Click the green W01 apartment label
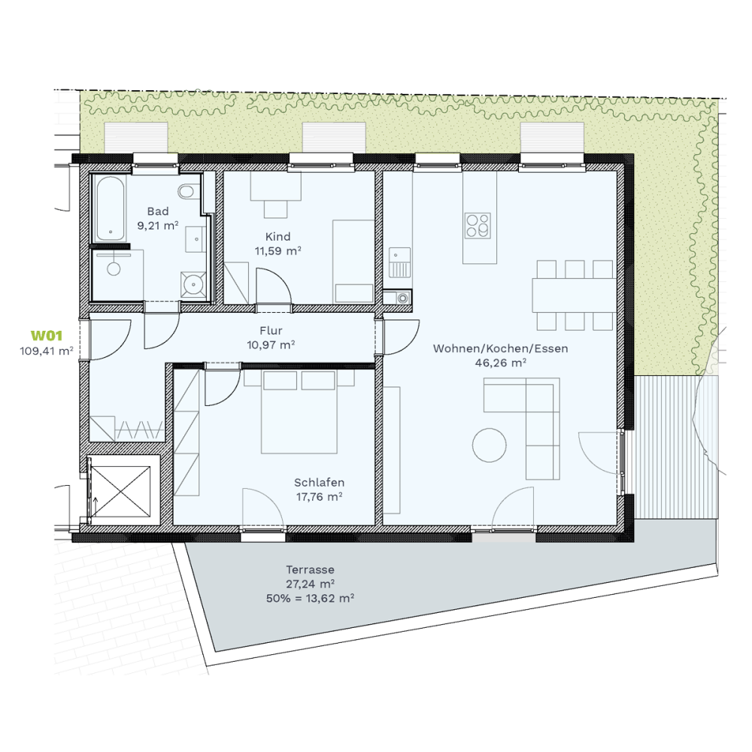pyautogui.click(x=47, y=335)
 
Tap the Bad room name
pyautogui.click(x=158, y=211)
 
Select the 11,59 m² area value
pyautogui.click(x=277, y=250)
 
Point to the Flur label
pyautogui.click(x=271, y=330)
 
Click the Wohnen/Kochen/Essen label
pyautogui.click(x=500, y=348)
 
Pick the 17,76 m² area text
pyautogui.click(x=319, y=496)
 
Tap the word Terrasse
pyautogui.click(x=310, y=570)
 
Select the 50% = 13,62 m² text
pyautogui.click(x=310, y=598)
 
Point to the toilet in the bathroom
pyautogui.click(x=186, y=192)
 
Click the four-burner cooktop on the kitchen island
pyautogui.click(x=478, y=226)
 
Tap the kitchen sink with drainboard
pyautogui.click(x=399, y=262)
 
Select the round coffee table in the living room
pyautogui.click(x=490, y=445)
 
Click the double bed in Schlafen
pyautogui.click(x=299, y=412)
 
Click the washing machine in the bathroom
pyautogui.click(x=193, y=285)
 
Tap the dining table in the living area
pyautogui.click(x=574, y=295)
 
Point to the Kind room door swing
pyautogui.click(x=274, y=286)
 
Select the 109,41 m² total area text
pyautogui.click(x=47, y=350)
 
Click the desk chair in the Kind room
pyautogui.click(x=276, y=209)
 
